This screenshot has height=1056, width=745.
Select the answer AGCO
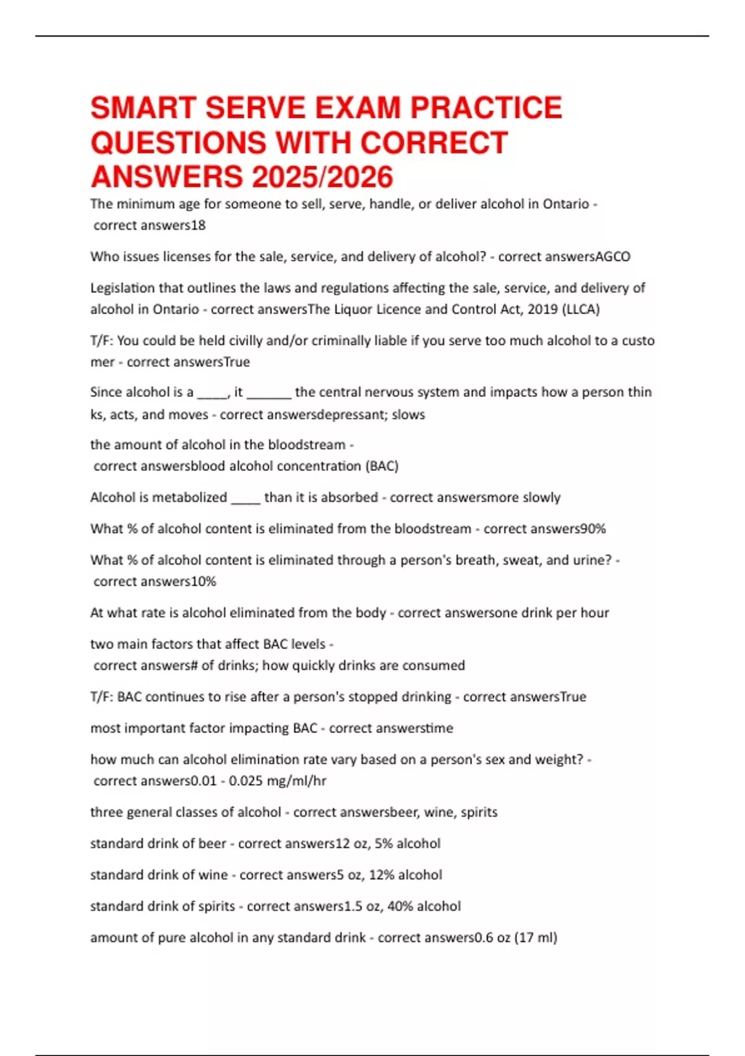(x=613, y=257)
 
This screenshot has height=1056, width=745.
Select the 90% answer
(x=593, y=529)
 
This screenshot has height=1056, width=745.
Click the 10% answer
(x=204, y=581)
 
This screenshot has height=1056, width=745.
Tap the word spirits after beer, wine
(x=479, y=812)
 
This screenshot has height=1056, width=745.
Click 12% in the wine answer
(x=382, y=875)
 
